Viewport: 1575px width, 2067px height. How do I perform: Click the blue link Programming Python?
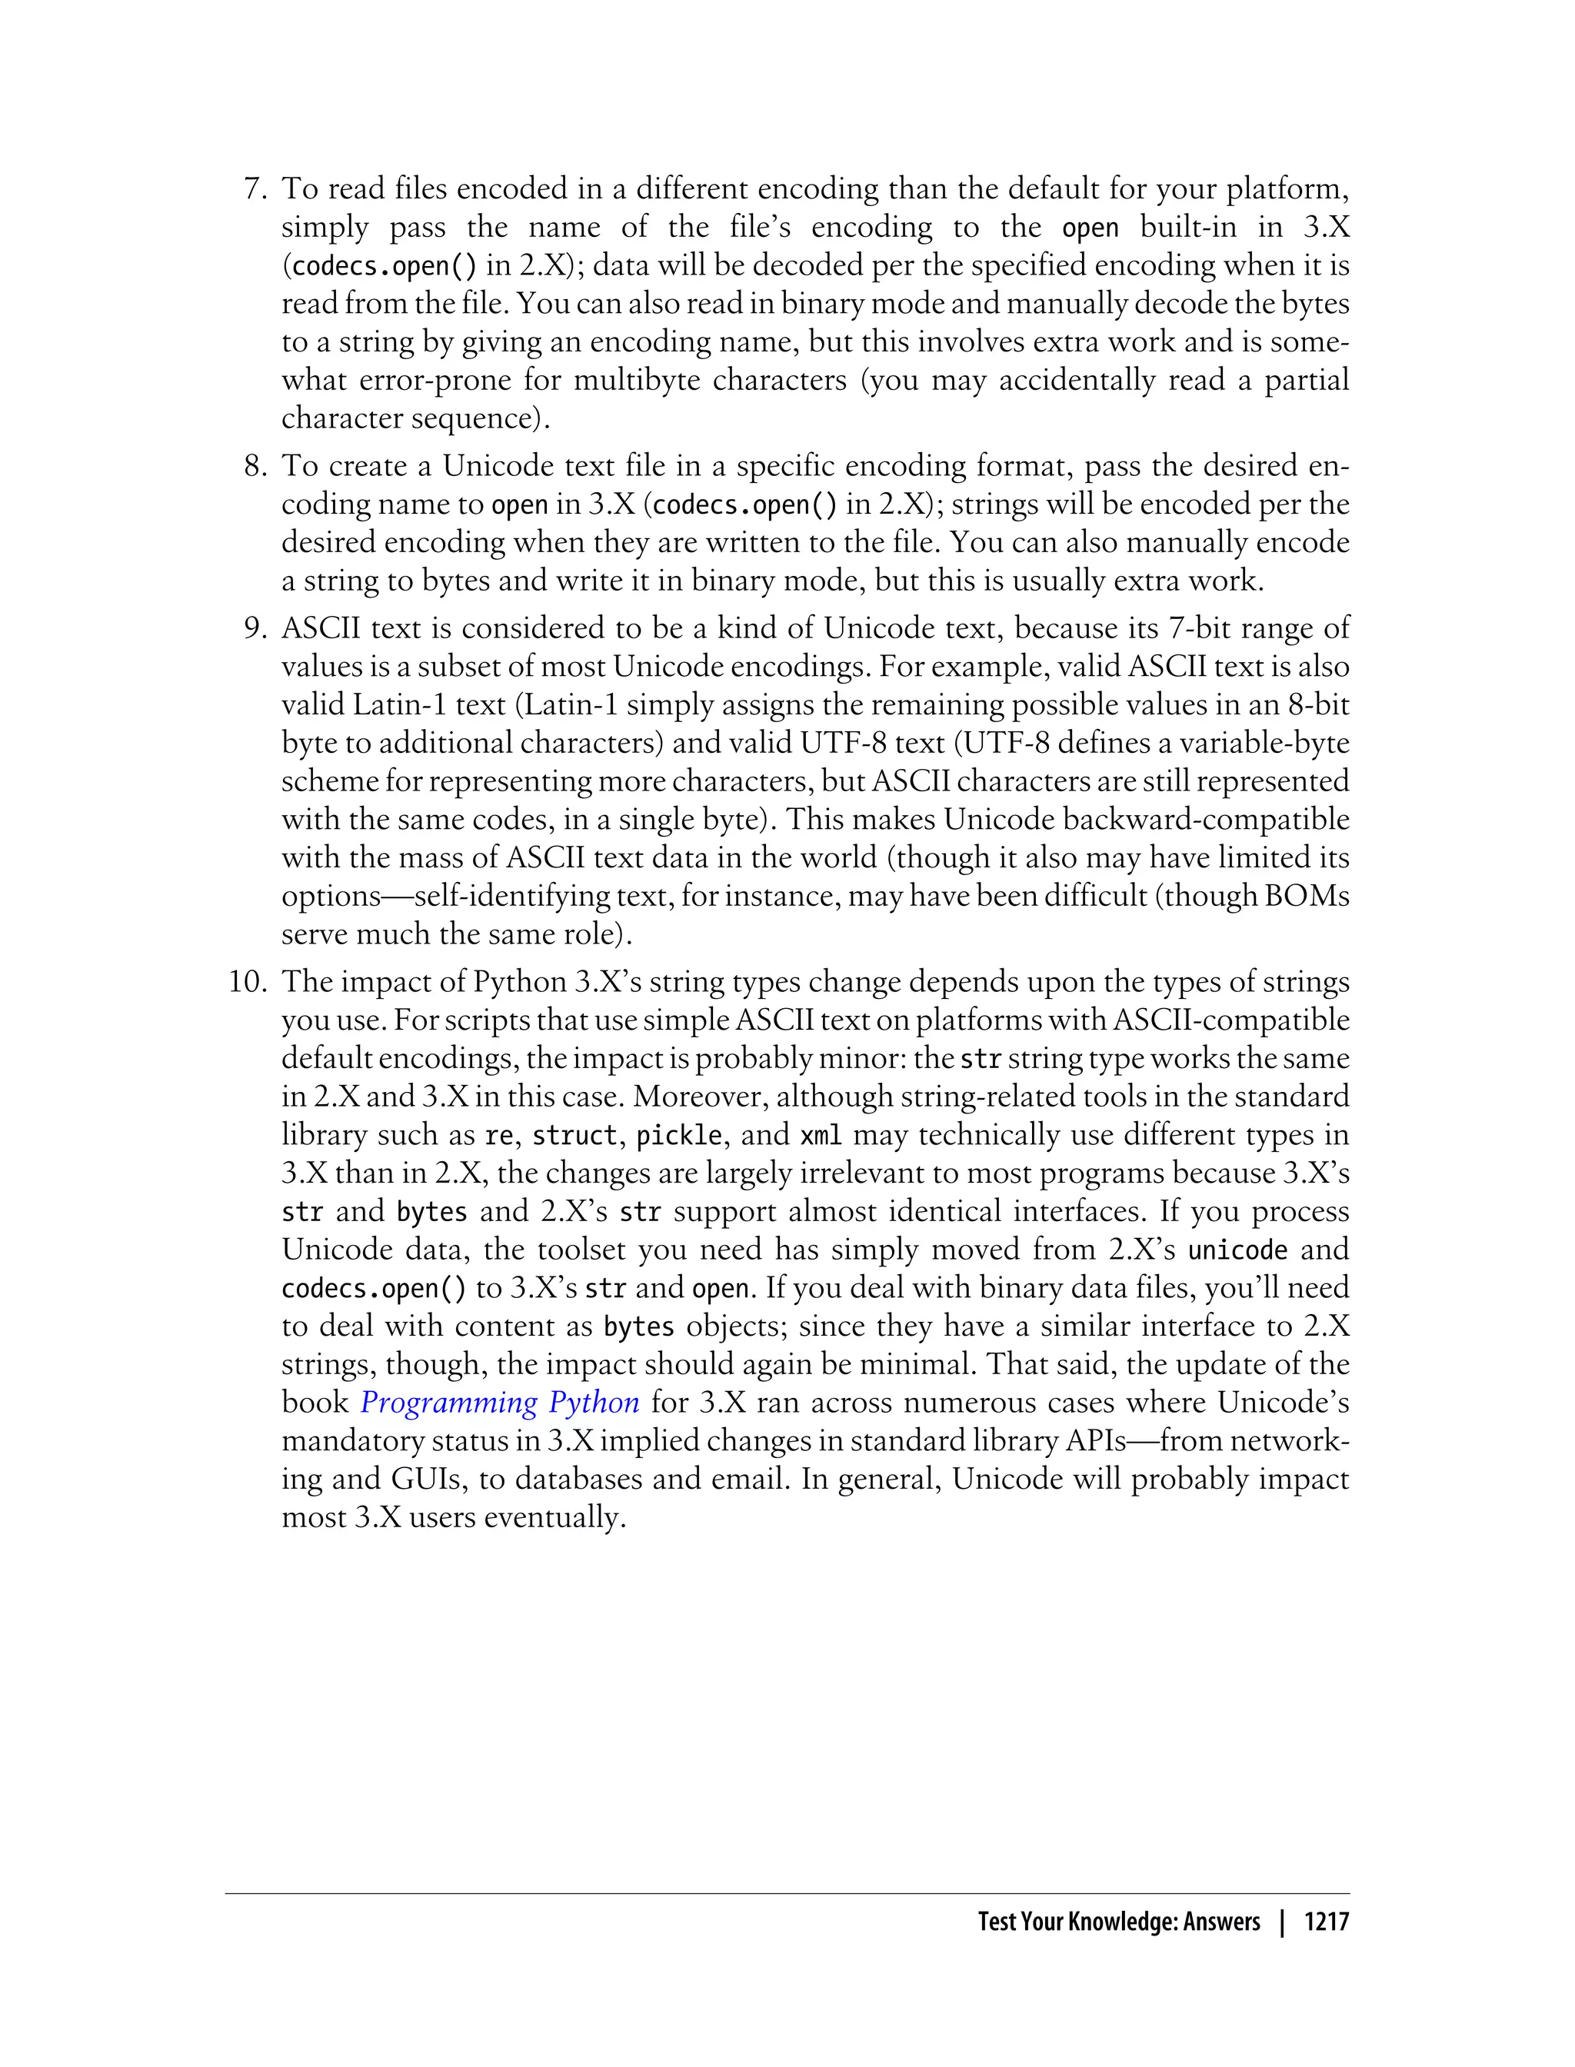500,1403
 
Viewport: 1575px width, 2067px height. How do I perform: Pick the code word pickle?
679,1136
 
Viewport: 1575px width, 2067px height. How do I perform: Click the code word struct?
574,1136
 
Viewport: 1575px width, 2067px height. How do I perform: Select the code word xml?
821,1136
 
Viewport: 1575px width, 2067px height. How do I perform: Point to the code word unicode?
1237,1250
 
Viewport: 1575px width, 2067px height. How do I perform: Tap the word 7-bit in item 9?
1202,628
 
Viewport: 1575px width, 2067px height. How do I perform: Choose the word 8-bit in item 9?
1318,705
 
